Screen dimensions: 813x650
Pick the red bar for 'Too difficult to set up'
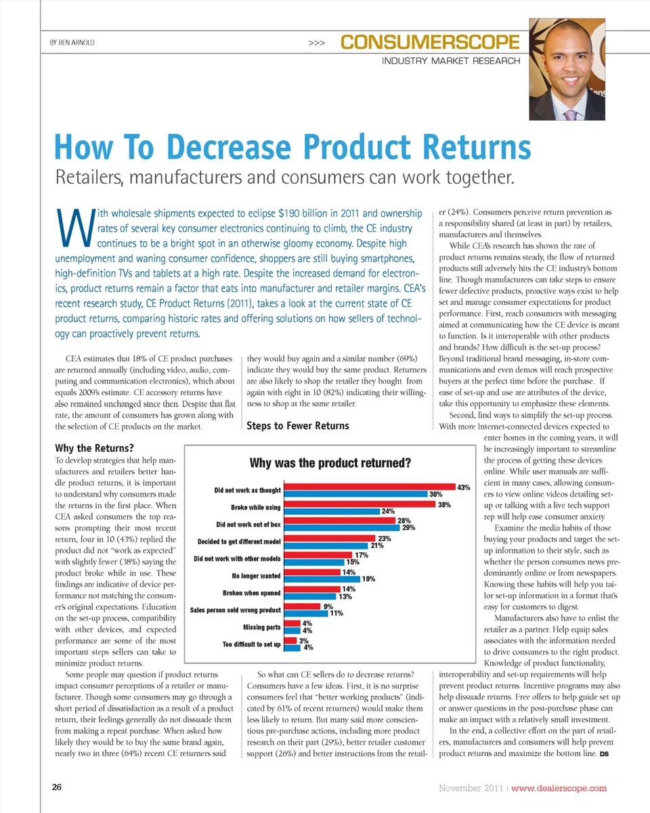point(290,640)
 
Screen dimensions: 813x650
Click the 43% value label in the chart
point(464,487)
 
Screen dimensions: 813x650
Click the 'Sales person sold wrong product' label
point(235,610)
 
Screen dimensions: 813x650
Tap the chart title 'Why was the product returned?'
point(330,463)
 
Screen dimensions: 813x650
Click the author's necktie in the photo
point(571,112)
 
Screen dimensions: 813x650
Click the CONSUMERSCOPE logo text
point(430,43)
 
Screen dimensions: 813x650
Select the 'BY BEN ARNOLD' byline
point(72,43)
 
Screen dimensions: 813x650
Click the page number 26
point(57,787)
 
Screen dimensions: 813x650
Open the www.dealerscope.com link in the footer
point(559,788)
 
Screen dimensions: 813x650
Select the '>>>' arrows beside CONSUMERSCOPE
point(316,43)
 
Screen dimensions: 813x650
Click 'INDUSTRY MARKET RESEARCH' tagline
point(451,61)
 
